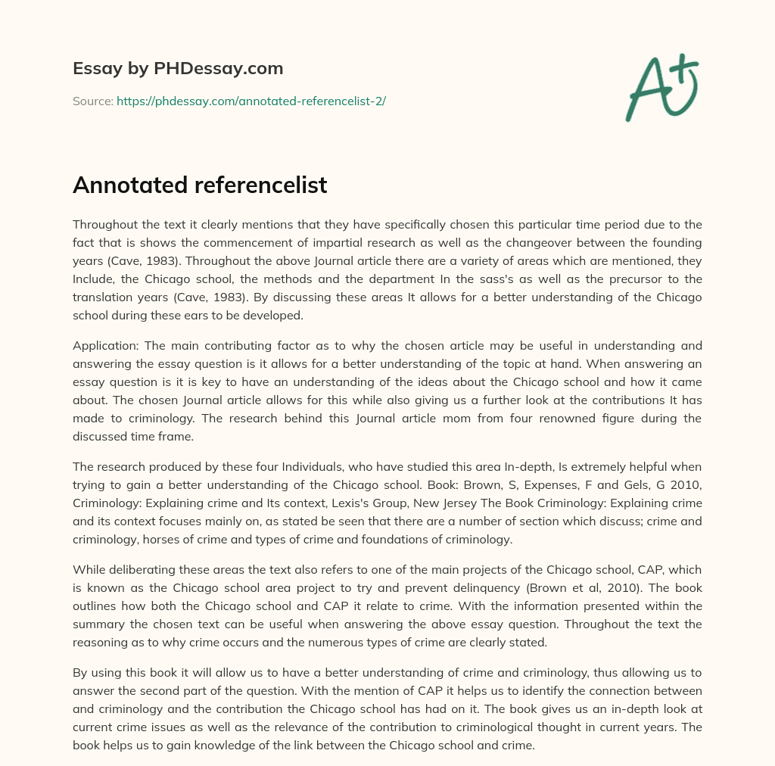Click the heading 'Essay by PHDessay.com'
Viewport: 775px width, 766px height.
178,69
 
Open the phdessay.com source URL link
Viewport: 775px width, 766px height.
251,101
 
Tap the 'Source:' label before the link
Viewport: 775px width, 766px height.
93,101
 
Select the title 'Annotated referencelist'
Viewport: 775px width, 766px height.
200,185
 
